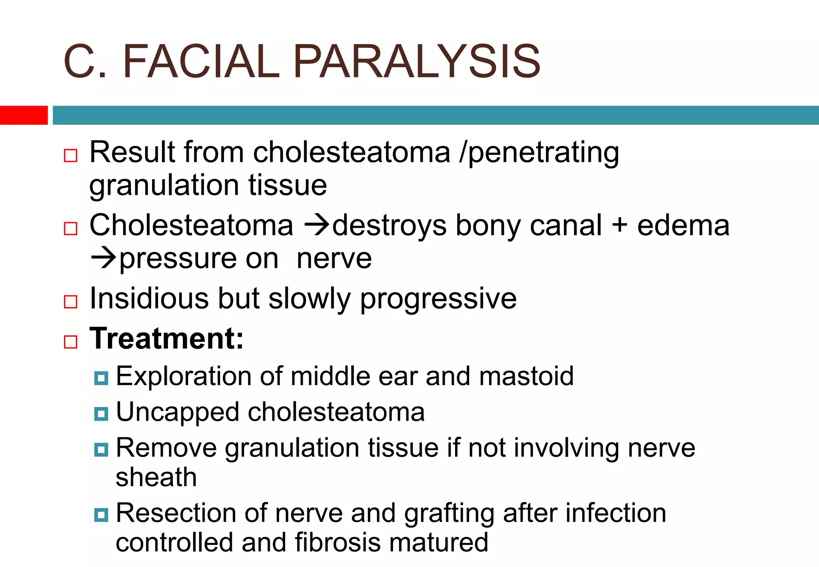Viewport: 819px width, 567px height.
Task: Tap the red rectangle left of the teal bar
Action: [x=24, y=115]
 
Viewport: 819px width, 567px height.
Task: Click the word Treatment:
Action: [x=166, y=339]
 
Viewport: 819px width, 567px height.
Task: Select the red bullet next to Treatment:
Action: [x=71, y=342]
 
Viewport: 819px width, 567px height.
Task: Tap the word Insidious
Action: [x=149, y=299]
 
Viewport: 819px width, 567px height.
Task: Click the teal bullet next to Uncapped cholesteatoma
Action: [x=101, y=414]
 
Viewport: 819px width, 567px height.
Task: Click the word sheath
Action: [x=156, y=477]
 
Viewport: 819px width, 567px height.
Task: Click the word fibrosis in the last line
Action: [x=338, y=543]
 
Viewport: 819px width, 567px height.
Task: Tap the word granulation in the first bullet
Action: [x=164, y=185]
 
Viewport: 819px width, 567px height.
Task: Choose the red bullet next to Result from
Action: [x=71, y=156]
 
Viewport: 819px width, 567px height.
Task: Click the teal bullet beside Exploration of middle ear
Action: [x=101, y=378]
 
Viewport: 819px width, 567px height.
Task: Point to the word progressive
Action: [x=438, y=299]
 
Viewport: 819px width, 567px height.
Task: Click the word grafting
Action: [x=449, y=513]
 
